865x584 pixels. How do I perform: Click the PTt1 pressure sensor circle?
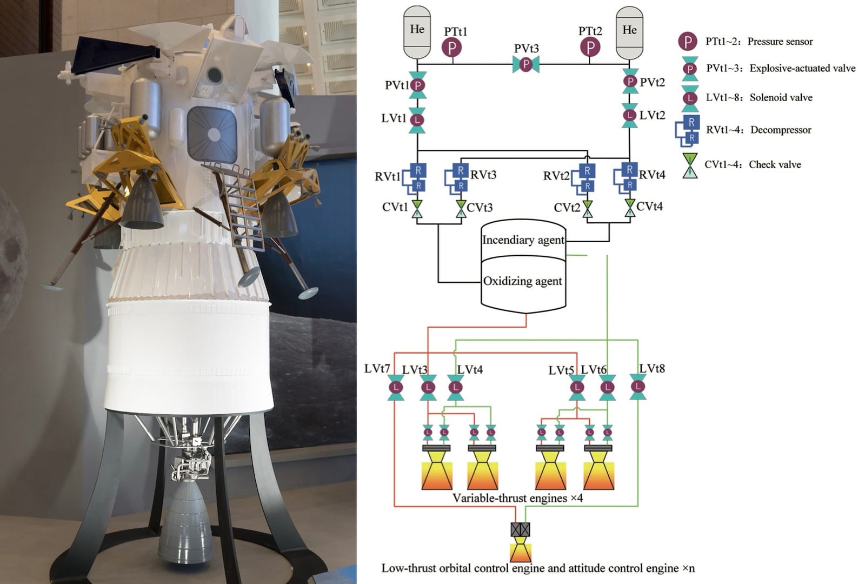tap(452, 48)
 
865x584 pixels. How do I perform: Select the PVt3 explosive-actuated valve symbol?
tap(525, 65)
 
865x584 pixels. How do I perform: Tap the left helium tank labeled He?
tap(417, 32)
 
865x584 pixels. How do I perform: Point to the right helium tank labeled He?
tap(629, 32)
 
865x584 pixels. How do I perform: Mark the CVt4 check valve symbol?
tap(630, 208)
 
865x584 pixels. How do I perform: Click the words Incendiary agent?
tap(523, 240)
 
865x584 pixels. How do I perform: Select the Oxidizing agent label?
tap(522, 281)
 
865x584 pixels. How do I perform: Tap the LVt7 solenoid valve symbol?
tap(396, 388)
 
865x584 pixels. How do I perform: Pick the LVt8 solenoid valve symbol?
tap(638, 387)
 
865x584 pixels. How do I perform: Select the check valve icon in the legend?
tap(690, 165)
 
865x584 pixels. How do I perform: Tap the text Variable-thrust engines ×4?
tap(517, 498)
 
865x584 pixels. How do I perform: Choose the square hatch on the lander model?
tap(212, 134)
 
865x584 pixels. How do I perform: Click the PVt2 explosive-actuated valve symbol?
tap(630, 82)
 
